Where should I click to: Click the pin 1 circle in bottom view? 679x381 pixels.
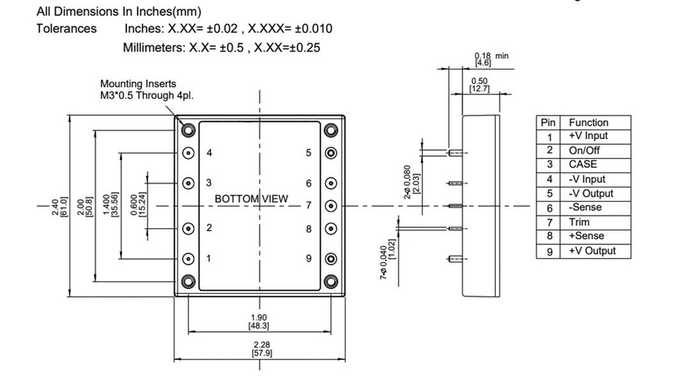(x=188, y=258)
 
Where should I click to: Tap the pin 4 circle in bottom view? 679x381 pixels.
(x=188, y=152)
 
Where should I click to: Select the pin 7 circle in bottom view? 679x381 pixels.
(x=330, y=205)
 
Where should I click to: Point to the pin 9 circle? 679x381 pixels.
(x=330, y=258)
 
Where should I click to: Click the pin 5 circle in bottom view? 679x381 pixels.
(x=330, y=152)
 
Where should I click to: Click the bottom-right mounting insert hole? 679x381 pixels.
(x=330, y=281)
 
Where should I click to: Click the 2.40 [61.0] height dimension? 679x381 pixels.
(x=59, y=205)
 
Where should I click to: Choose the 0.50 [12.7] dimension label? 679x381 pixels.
(x=479, y=85)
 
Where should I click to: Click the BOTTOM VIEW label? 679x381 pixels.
(x=251, y=199)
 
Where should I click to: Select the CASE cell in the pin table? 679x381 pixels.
(x=583, y=164)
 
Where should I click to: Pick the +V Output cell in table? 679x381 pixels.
(x=591, y=250)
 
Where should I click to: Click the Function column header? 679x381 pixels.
(x=588, y=122)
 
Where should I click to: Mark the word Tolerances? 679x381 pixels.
(x=66, y=28)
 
